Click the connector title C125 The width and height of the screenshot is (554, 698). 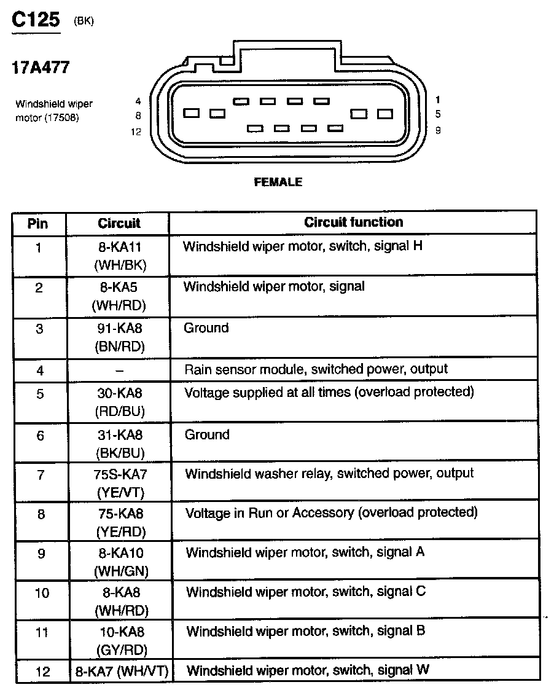[36, 20]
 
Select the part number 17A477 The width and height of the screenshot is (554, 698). [41, 68]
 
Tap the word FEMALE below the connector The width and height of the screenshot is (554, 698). [278, 182]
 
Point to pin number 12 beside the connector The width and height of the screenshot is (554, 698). [136, 131]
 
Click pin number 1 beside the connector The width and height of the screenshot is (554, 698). [437, 99]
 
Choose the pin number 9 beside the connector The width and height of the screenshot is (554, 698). [437, 130]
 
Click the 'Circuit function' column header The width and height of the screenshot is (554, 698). [353, 222]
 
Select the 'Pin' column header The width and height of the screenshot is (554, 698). [38, 223]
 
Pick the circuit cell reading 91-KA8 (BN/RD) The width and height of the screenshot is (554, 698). [120, 337]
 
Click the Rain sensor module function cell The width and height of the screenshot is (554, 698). [316, 369]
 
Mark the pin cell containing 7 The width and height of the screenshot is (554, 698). [40, 475]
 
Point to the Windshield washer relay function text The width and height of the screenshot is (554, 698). [329, 474]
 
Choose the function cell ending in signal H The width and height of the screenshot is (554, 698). [303, 246]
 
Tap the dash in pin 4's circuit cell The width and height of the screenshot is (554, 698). [119, 371]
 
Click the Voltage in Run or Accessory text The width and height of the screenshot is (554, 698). [331, 512]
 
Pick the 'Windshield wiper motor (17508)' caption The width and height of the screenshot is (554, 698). [54, 111]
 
